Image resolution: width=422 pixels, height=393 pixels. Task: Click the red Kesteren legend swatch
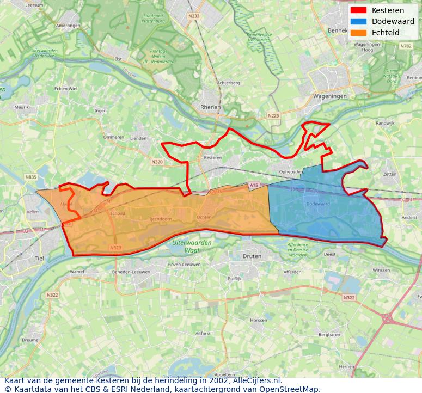[358, 10]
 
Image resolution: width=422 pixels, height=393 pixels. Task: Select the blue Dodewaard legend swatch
[358, 21]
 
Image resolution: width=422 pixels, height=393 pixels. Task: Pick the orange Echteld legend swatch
[358, 33]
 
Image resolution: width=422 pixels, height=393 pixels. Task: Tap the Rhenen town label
[210, 107]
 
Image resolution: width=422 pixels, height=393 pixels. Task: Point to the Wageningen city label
[329, 96]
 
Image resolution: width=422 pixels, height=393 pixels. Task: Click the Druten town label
[252, 256]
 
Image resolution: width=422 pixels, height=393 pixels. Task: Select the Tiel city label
[39, 258]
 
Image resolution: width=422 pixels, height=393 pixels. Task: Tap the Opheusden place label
[291, 171]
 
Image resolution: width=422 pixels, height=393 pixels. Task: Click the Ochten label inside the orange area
[204, 217]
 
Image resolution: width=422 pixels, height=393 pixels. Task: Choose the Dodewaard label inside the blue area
[318, 204]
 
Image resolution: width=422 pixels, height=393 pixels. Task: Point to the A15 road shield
[254, 186]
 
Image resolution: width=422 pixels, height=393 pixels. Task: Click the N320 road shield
[157, 162]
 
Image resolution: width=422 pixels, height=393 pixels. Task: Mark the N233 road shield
[194, 16]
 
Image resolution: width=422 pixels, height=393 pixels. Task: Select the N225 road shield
[273, 115]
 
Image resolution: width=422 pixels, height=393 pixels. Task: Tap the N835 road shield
[30, 177]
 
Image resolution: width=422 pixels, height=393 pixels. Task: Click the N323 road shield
[115, 248]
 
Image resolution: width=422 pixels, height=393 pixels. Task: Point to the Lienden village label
[138, 139]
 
